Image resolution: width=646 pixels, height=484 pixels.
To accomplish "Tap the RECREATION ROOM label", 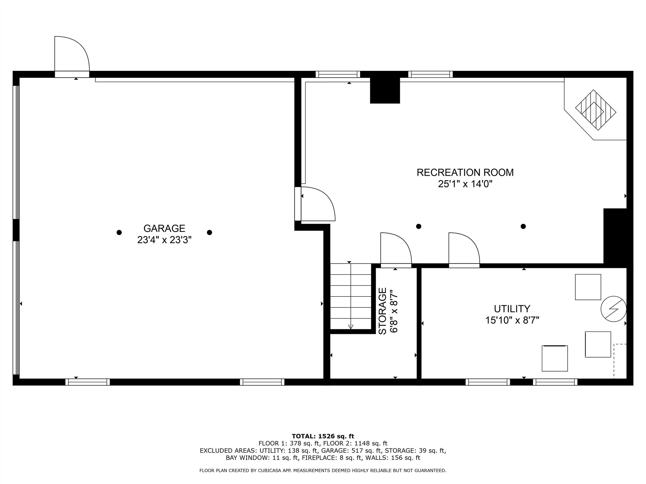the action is click(465, 172).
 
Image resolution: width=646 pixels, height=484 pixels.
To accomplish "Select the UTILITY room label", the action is click(512, 309).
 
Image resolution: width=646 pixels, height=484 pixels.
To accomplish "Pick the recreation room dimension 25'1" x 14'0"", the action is click(465, 184).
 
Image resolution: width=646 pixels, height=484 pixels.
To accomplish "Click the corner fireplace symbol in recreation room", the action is click(596, 110).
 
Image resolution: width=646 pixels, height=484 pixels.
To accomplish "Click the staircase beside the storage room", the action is click(351, 296).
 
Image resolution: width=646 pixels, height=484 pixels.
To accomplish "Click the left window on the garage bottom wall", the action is click(88, 382).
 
